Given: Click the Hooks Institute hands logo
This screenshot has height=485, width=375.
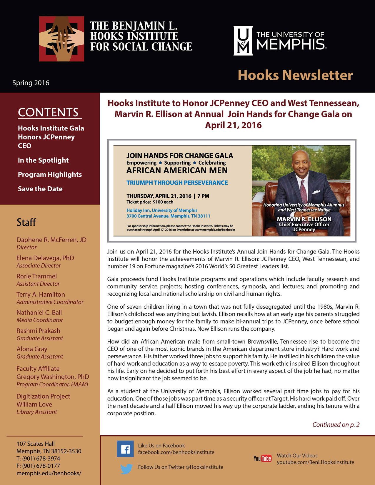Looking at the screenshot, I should (61, 39).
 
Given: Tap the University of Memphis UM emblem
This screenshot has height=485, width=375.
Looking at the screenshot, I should (243, 41).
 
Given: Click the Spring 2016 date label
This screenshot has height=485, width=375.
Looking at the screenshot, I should (31, 83).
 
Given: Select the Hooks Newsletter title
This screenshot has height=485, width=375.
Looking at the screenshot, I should (295, 75).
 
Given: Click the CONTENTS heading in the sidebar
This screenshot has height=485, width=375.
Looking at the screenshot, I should (48, 113).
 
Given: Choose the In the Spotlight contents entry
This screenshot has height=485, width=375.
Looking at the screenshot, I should (43, 160).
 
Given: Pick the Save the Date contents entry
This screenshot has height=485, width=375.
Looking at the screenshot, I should (40, 189).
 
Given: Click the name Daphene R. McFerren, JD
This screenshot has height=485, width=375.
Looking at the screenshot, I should (51, 240).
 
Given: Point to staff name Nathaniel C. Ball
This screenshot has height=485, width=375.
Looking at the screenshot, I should (39, 313).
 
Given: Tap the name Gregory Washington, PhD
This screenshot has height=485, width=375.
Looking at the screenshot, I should (53, 377).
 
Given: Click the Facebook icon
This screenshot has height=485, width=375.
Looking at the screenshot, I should (125, 449).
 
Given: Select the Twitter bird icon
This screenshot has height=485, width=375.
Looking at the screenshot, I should (126, 469).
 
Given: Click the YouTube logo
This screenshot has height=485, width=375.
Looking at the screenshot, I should (263, 458).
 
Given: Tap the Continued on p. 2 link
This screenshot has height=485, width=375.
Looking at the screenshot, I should (336, 425).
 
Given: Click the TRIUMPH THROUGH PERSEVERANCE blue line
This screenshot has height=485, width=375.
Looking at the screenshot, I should (177, 183).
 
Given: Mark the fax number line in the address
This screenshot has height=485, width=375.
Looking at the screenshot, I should (38, 466).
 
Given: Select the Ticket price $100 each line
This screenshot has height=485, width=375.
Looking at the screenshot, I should (150, 202).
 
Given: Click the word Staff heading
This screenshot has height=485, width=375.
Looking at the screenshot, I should (26, 222).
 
